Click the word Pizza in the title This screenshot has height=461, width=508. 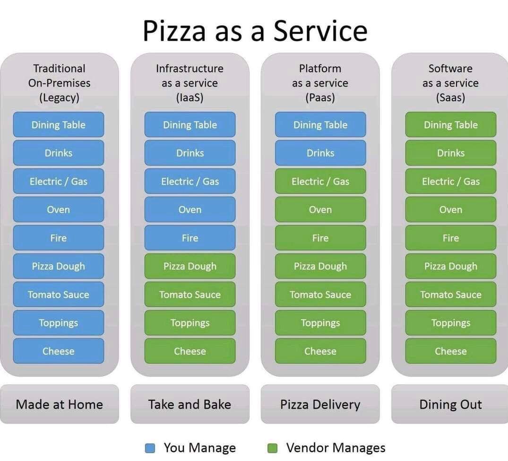pos(174,31)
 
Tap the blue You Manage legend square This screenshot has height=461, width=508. pos(150,448)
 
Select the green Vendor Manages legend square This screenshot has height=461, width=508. pos(272,448)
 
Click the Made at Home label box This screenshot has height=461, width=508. pos(59,404)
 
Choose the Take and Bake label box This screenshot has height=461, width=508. pos(189,404)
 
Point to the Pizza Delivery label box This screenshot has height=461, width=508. pos(320,404)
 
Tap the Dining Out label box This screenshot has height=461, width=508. pos(450,404)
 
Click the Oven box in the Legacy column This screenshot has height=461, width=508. pos(59,209)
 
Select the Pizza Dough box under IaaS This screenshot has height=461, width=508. pos(190,266)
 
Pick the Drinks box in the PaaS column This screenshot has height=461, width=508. pos(320,153)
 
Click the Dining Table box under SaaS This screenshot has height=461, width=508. pos(451,125)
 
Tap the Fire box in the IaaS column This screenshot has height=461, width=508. pos(190,238)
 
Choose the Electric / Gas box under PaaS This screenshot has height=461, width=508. pos(320,181)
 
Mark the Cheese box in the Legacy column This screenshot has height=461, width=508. pos(59,351)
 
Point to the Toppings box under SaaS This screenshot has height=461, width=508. pos(451,323)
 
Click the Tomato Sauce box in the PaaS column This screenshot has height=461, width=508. pos(320,295)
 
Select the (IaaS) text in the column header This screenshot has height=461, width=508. pos(189,98)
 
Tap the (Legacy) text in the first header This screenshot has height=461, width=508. pos(59,98)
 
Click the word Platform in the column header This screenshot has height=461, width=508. pos(320,69)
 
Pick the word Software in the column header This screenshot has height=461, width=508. pos(450,69)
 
